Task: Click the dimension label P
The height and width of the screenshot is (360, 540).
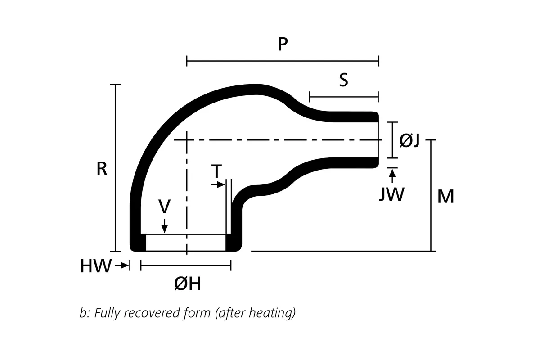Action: point(283,44)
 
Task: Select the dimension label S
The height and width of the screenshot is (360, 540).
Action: point(343,81)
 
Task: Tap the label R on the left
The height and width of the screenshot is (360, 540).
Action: point(102,169)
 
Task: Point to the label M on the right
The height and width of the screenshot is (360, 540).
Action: point(445,196)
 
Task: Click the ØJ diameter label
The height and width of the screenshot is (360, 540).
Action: point(409,140)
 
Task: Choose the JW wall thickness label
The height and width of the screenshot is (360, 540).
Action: point(391,194)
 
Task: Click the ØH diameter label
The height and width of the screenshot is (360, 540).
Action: point(187,284)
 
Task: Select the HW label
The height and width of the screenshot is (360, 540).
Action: point(95,266)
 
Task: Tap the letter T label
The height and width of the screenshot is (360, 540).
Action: point(216,171)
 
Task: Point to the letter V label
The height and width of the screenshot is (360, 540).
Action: point(164,206)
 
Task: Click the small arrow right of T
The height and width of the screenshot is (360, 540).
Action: point(220,185)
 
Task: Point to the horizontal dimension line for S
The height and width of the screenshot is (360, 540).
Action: point(344,97)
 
